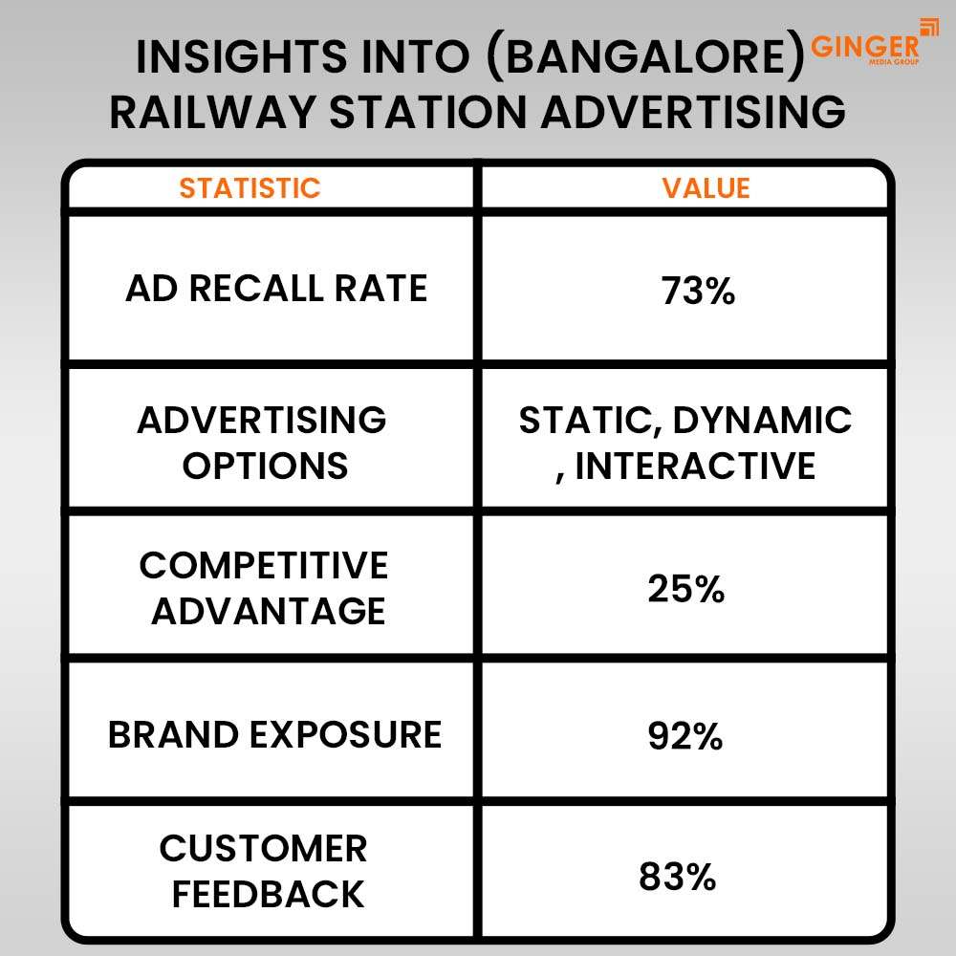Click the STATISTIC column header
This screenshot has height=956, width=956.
(250, 187)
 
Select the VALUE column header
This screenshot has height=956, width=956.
(706, 187)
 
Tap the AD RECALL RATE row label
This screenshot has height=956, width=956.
(276, 289)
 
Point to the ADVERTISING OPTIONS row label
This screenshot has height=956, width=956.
(262, 443)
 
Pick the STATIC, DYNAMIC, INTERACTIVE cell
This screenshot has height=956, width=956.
(685, 443)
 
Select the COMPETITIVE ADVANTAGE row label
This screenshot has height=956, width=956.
(265, 588)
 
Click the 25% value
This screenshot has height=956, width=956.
(685, 589)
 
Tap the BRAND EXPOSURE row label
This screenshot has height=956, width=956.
(274, 734)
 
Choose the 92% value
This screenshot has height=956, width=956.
(685, 736)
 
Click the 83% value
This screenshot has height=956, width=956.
(678, 876)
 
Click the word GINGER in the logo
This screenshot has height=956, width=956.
(864, 45)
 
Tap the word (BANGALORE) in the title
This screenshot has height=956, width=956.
(650, 59)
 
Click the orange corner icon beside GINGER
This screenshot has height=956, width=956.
(928, 27)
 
